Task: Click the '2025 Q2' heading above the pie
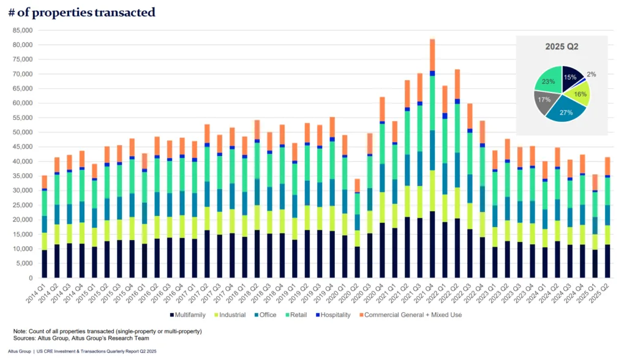[x=561, y=47]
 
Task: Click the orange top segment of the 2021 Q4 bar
[x=432, y=54]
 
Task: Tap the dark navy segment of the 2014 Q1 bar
[x=43, y=263]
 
